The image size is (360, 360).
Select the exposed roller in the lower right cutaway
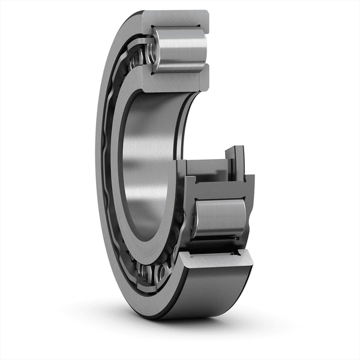(x=220, y=219)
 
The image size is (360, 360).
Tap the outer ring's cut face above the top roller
(x=174, y=18)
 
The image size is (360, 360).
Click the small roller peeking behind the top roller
(x=139, y=57)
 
